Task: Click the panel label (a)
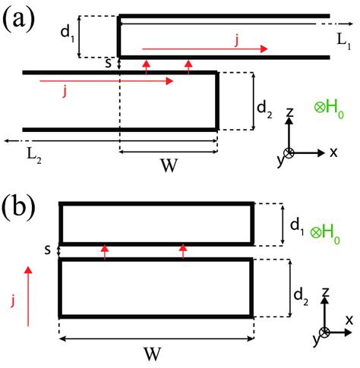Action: tap(18, 20)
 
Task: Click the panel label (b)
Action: tap(18, 206)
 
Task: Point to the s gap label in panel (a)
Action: tap(108, 64)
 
